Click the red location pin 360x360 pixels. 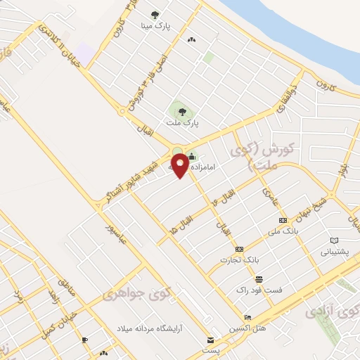(x=181, y=165)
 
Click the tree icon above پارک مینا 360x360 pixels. (x=155, y=13)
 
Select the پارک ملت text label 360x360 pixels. (x=183, y=122)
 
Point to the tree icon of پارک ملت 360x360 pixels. (x=183, y=111)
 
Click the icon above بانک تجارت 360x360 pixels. (x=240, y=249)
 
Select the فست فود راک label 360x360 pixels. (x=259, y=289)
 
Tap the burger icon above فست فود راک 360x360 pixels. (x=259, y=278)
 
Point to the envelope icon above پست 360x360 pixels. (x=209, y=339)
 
